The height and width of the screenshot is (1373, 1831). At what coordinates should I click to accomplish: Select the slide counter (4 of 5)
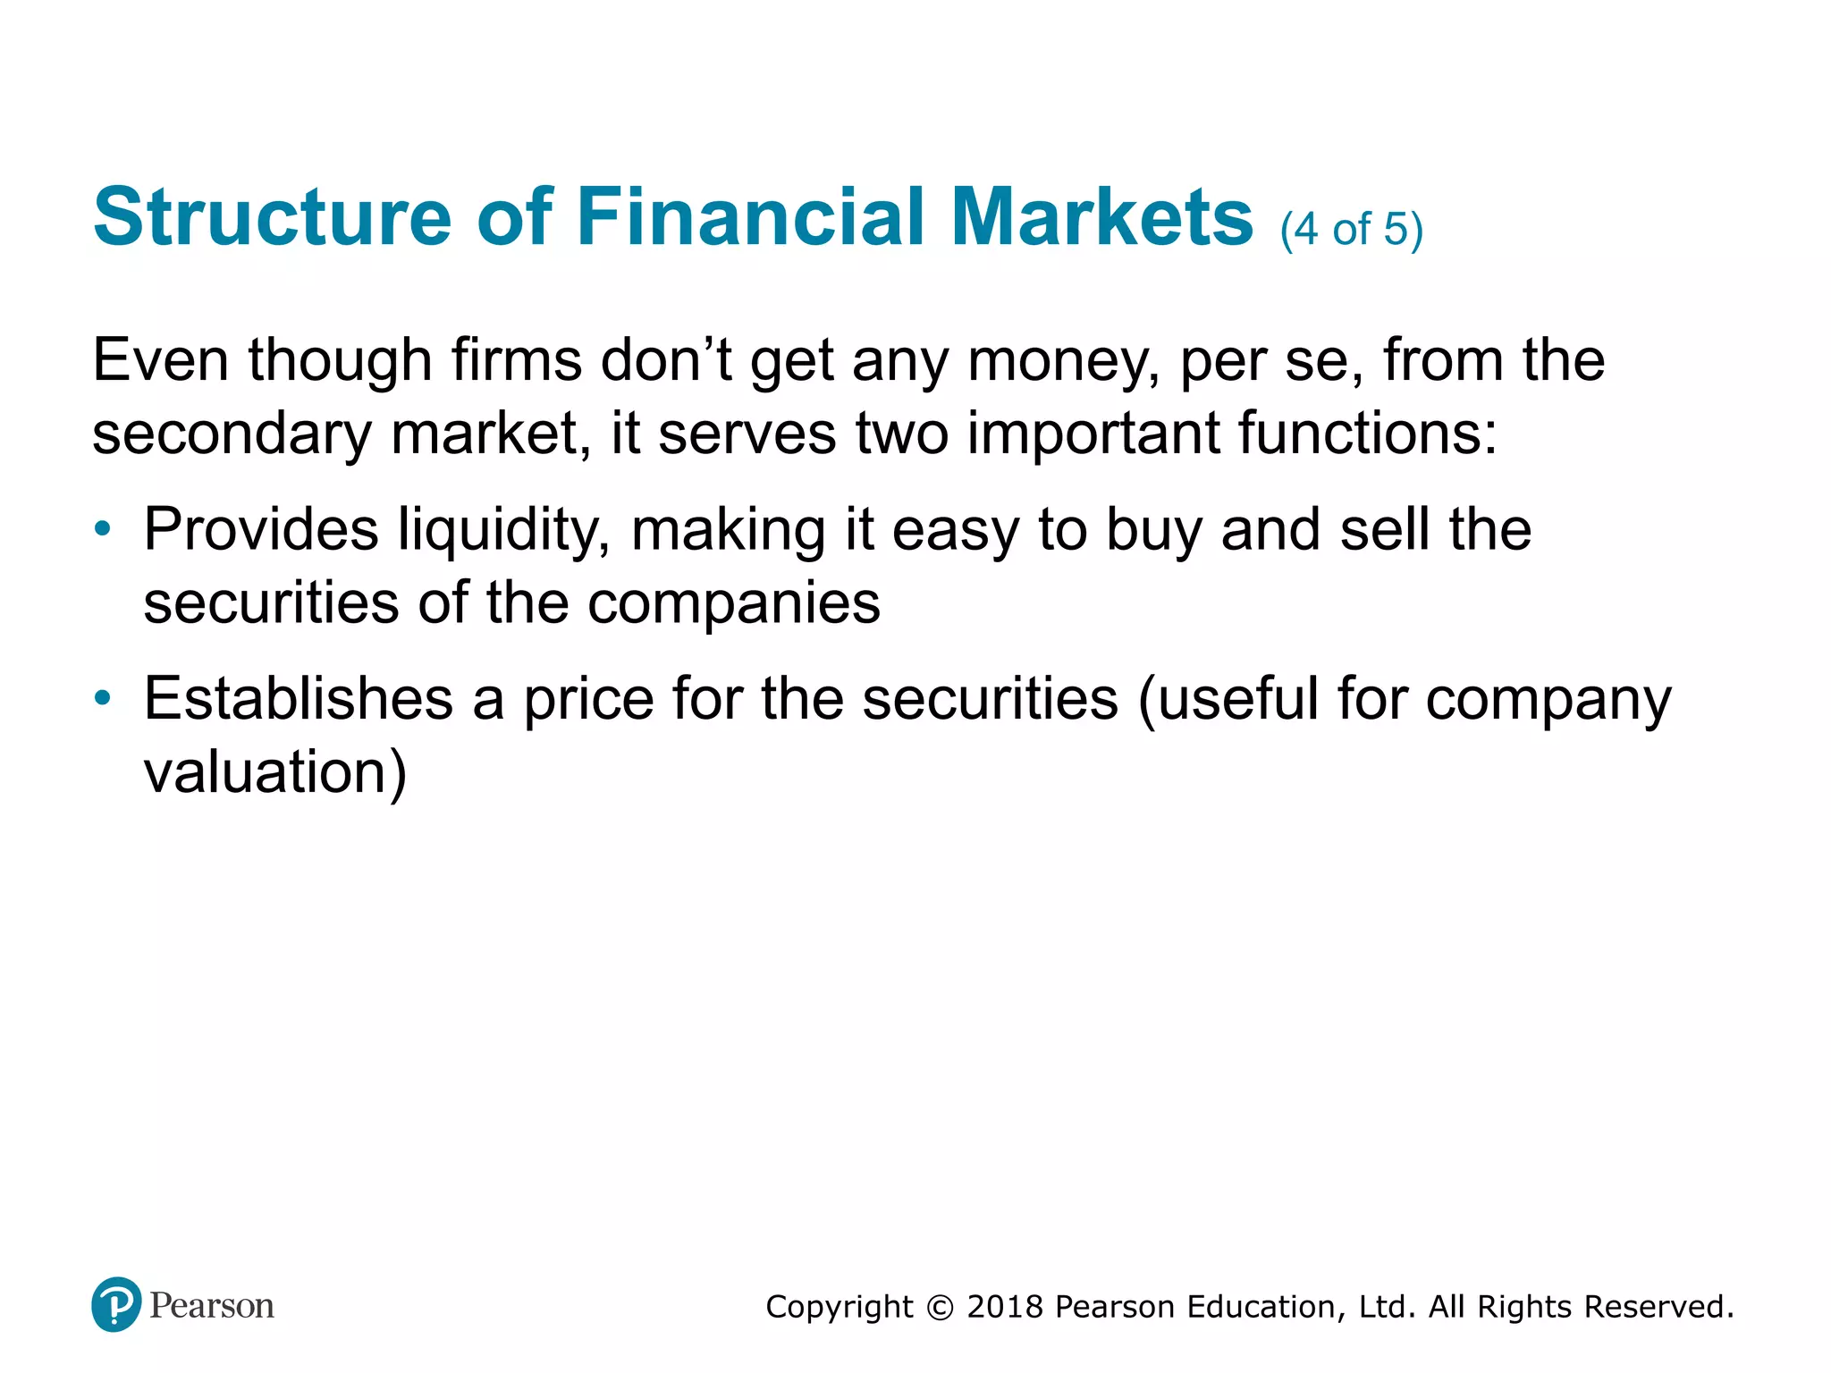pyautogui.click(x=1351, y=230)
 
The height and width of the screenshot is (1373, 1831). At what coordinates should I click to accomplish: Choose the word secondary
pyautogui.click(x=232, y=434)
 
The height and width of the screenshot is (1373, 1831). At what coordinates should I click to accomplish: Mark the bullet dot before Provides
pyautogui.click(x=104, y=528)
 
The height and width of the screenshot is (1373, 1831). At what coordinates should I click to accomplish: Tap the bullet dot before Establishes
pyautogui.click(x=104, y=697)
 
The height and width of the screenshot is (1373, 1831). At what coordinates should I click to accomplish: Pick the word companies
pyautogui.click(x=734, y=603)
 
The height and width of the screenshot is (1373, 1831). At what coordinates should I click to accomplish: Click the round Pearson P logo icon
pyautogui.click(x=116, y=1304)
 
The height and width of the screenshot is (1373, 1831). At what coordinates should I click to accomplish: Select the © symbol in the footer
pyautogui.click(x=940, y=1307)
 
